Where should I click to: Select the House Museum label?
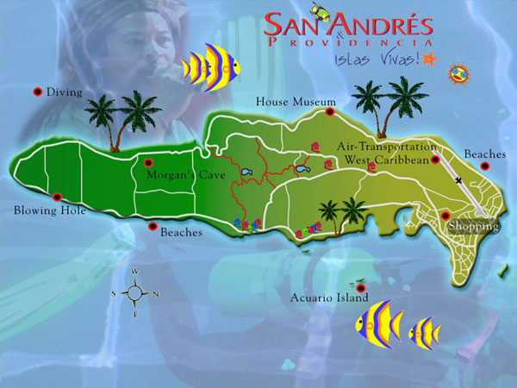290,103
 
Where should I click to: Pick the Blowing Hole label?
49,210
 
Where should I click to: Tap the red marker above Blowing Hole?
57,197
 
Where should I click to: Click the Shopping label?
473,227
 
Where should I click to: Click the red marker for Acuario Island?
361,287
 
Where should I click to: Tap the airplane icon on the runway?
461,181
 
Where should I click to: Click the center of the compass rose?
135,293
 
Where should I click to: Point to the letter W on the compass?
135,272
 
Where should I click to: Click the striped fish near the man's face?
210,69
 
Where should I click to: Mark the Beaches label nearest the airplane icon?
484,154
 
